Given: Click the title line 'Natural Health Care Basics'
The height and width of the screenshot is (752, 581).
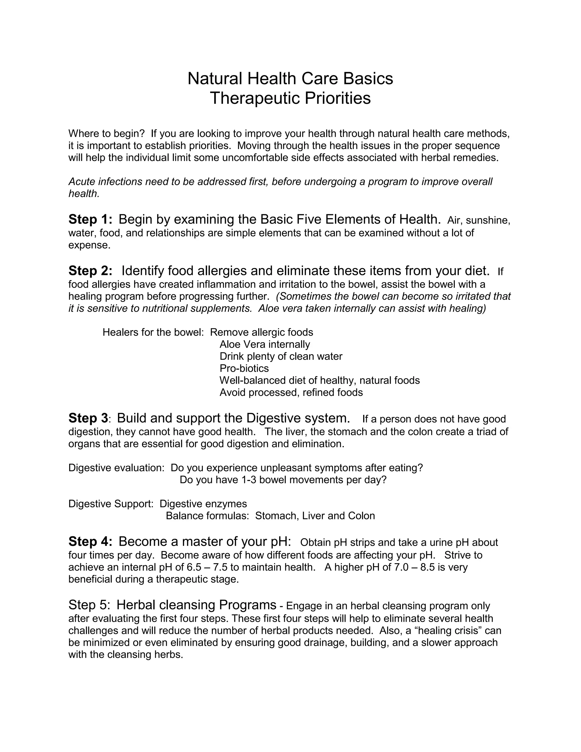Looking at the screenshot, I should pyautogui.click(x=290, y=79).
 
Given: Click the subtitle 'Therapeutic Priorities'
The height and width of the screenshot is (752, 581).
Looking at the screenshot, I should pyautogui.click(x=290, y=98).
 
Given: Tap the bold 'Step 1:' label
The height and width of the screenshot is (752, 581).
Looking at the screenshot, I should pyautogui.click(x=90, y=219).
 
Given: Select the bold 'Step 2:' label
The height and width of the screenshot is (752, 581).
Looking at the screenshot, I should pyautogui.click(x=90, y=271).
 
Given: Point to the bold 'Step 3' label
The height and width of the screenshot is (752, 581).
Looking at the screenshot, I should pyautogui.click(x=88, y=418).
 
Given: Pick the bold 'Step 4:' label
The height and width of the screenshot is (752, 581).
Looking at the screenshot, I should pyautogui.click(x=90, y=542).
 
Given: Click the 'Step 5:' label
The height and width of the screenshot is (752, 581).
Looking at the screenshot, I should pyautogui.click(x=89, y=605).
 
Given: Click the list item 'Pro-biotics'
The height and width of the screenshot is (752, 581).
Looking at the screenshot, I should pyautogui.click(x=244, y=368).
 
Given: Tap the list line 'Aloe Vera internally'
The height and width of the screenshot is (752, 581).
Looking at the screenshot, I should pyautogui.click(x=265, y=344).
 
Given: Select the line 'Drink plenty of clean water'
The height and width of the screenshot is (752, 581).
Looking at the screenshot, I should pyautogui.click(x=281, y=356).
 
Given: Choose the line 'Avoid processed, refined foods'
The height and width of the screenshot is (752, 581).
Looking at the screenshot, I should pyautogui.click(x=291, y=392).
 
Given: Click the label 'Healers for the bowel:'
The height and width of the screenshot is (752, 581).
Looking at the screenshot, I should pyautogui.click(x=153, y=332).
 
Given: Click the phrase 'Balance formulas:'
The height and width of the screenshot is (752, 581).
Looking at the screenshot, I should pyautogui.click(x=207, y=516).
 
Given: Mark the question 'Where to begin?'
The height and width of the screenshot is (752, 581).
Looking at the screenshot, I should pyautogui.click(x=106, y=134).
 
